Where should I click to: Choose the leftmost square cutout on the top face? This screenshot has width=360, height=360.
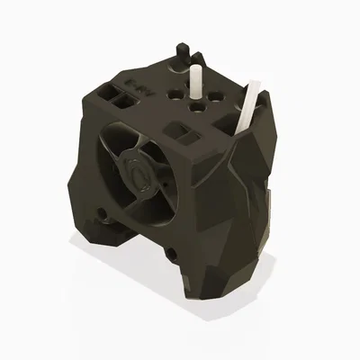pyautogui.click(x=112, y=90)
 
